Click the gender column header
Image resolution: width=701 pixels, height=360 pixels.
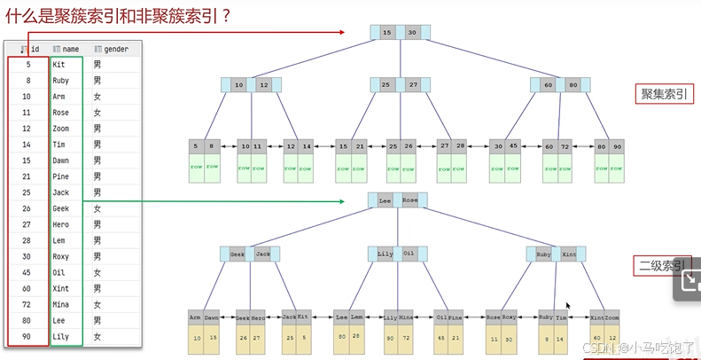coord(113,49)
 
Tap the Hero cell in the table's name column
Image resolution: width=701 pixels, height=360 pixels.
coord(61,225)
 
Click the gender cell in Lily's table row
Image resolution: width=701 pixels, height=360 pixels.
coord(97,337)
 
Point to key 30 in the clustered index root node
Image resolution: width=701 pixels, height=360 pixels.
coord(412,33)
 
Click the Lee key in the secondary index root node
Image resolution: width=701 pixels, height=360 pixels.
coord(385,201)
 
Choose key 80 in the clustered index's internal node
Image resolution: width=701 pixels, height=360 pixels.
coord(573,86)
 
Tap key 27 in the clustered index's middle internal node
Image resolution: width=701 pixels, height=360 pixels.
coord(413,85)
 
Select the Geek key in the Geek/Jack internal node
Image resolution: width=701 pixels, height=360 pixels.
coord(238,254)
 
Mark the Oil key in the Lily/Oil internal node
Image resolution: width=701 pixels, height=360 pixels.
coord(409,254)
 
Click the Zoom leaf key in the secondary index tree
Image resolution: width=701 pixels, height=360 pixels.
coord(612,317)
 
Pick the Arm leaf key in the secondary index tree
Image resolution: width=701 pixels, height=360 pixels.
coord(195,317)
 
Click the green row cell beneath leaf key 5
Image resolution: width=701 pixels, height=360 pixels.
coord(197,167)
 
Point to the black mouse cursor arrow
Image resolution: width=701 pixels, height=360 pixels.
coord(568,306)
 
